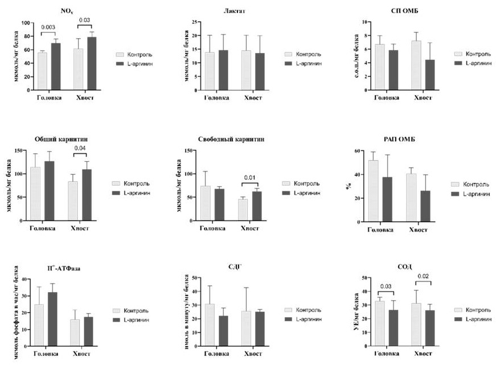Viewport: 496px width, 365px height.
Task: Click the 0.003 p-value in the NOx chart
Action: tap(48, 27)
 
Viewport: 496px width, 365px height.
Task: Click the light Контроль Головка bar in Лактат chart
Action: tap(210, 71)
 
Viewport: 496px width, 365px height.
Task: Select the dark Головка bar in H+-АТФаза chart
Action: tap(53, 318)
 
